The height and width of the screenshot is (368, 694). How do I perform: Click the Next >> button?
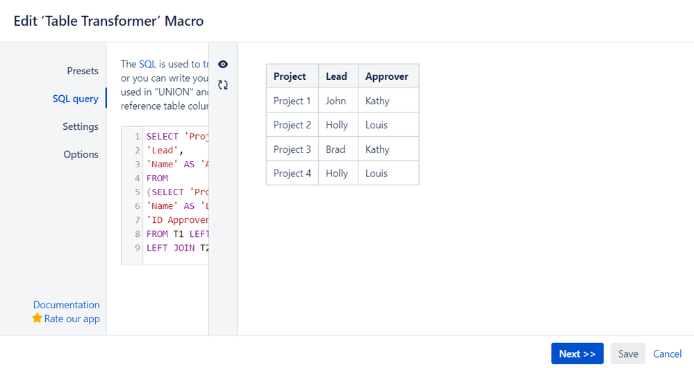pyautogui.click(x=577, y=353)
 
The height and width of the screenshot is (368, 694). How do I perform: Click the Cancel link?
pyautogui.click(x=667, y=353)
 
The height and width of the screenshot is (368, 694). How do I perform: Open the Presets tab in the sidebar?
pyautogui.click(x=83, y=71)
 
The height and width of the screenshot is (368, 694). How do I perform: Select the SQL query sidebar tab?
pyautogui.click(x=75, y=99)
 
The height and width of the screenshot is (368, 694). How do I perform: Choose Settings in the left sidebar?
pyautogui.click(x=81, y=126)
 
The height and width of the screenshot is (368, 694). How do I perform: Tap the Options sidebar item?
pyautogui.click(x=81, y=154)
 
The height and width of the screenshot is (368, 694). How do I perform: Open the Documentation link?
pyautogui.click(x=67, y=305)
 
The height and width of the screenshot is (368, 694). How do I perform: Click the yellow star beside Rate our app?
pyautogui.click(x=38, y=318)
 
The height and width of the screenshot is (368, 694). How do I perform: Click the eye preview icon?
pyautogui.click(x=223, y=65)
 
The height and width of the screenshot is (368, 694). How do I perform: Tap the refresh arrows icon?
pyautogui.click(x=223, y=85)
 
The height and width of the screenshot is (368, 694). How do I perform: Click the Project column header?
pyautogui.click(x=290, y=76)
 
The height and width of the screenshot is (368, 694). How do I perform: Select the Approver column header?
pyautogui.click(x=387, y=76)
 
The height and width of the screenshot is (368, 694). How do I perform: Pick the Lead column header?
pyautogui.click(x=336, y=76)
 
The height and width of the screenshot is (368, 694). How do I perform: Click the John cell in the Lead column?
pyautogui.click(x=336, y=101)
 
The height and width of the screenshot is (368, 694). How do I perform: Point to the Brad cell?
pyautogui.click(x=336, y=149)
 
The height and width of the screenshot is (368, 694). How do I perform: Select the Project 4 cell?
pyautogui.click(x=292, y=174)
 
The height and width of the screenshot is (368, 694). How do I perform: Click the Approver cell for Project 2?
pyautogui.click(x=377, y=125)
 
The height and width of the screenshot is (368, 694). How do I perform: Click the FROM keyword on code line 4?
pyautogui.click(x=158, y=178)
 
